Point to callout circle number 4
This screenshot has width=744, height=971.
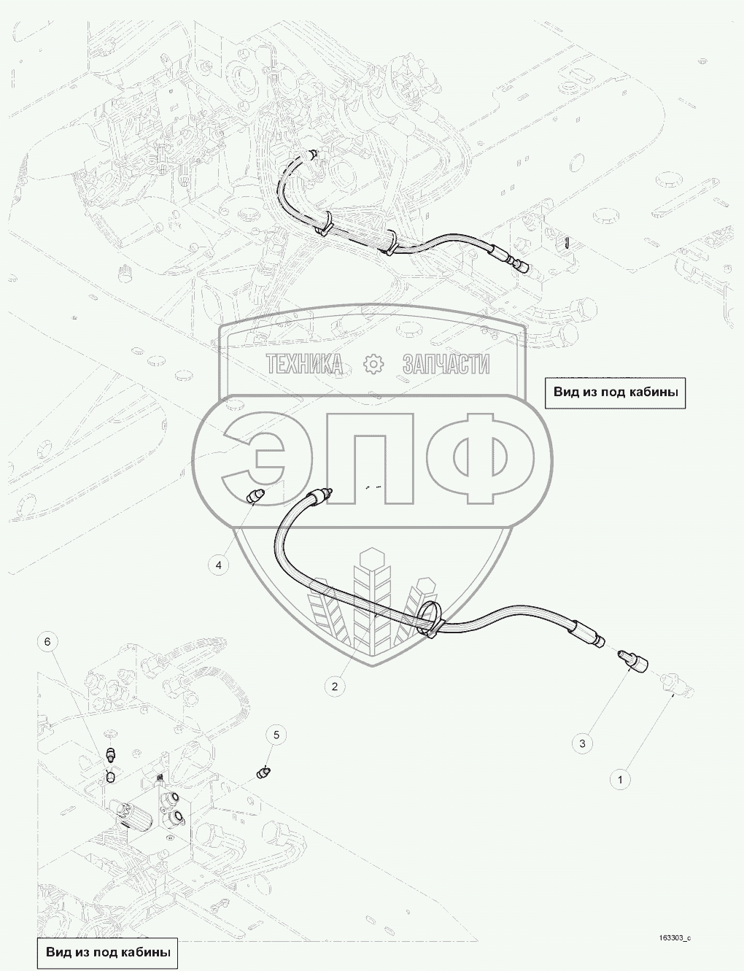[x=218, y=565]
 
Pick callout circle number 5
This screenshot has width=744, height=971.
[x=276, y=735]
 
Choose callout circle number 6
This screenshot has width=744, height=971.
[x=47, y=642]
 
